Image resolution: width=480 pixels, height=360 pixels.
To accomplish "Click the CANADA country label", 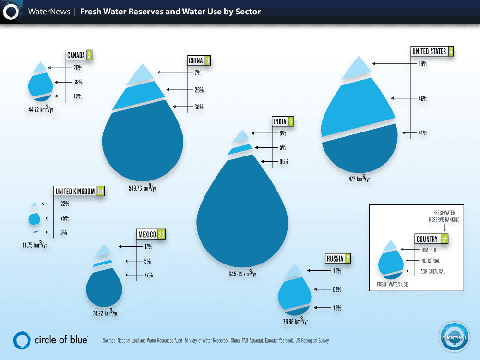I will [x=76, y=55].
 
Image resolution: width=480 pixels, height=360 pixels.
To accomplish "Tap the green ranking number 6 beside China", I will [x=207, y=60].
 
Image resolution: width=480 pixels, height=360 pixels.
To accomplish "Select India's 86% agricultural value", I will [x=284, y=162].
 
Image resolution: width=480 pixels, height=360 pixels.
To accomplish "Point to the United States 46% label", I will [x=423, y=98].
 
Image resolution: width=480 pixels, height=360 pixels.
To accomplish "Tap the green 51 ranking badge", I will [x=101, y=191].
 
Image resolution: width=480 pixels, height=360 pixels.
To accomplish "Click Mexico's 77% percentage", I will [x=148, y=275].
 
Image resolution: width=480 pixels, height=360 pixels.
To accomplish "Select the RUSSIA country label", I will [x=335, y=259].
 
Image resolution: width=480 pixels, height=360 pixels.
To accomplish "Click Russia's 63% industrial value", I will [x=337, y=289].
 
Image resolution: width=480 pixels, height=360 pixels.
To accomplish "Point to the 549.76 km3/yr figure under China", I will [x=142, y=187].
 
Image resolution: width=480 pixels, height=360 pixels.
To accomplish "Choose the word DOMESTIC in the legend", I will [x=429, y=250].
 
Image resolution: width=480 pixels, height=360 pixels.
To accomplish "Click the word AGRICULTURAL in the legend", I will [x=432, y=271].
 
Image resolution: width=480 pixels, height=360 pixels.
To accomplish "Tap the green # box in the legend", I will [x=444, y=239].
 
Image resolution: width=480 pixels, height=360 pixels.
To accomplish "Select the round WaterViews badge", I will [x=454, y=336].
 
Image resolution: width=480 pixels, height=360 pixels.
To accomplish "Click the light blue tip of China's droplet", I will [x=140, y=74].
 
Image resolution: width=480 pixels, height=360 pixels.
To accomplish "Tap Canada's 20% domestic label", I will [x=78, y=68].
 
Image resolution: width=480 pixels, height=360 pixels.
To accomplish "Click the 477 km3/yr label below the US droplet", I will [x=359, y=179].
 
